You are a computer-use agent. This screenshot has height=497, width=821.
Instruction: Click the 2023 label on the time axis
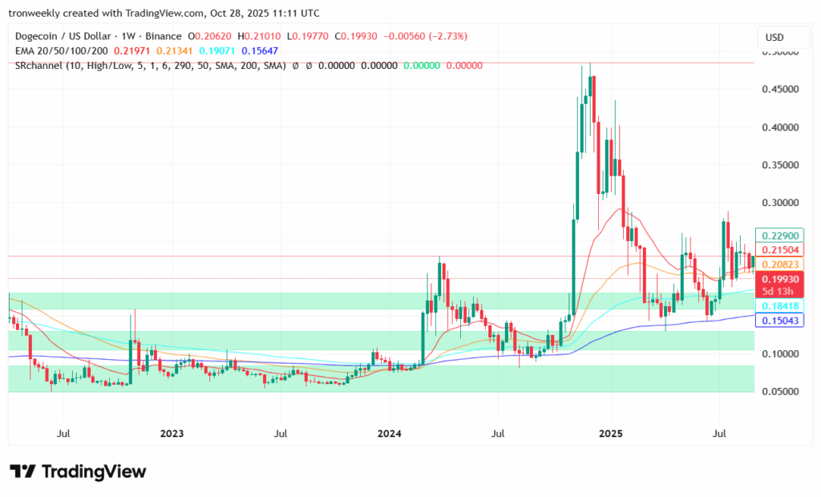[x=172, y=434]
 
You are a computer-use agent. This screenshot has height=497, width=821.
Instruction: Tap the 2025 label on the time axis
[x=610, y=434]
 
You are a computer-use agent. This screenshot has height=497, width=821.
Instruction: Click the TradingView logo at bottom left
[x=78, y=471]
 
